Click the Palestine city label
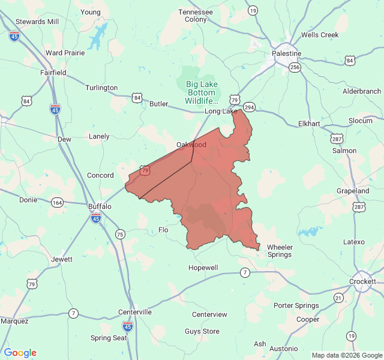tap(286, 53)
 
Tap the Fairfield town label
tap(53, 73)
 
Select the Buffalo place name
tap(100, 206)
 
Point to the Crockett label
tap(362, 281)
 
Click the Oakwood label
tap(191, 145)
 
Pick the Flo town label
tap(163, 230)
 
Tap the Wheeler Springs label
tap(279, 251)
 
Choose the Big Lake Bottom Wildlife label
tap(202, 92)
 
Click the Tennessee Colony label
tap(196, 16)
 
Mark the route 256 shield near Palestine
tap(294, 67)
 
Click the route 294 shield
tap(250, 107)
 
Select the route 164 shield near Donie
tap(57, 202)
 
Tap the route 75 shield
tap(121, 234)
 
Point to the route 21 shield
tap(339, 298)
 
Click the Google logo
tap(20, 353)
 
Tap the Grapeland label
tap(352, 191)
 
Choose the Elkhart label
tap(310, 124)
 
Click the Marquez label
tap(14, 321)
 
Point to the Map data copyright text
tap(346, 355)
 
